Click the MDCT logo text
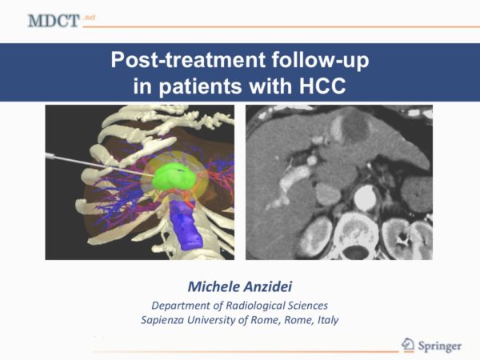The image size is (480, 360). click(x=54, y=21)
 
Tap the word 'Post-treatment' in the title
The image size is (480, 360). click(x=188, y=59)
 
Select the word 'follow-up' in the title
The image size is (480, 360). click(x=320, y=59)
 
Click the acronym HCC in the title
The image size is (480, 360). click(x=322, y=86)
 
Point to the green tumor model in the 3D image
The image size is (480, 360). click(x=174, y=177)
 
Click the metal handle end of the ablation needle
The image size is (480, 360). click(x=50, y=157)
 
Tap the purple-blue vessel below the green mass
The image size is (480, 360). click(x=186, y=224)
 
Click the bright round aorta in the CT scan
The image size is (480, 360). click(x=365, y=198)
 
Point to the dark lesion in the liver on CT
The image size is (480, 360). click(x=355, y=127)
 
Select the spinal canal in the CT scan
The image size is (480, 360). click(x=356, y=253)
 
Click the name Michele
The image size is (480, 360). click(x=214, y=287)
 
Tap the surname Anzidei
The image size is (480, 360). click(x=267, y=287)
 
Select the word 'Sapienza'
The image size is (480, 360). click(x=162, y=320)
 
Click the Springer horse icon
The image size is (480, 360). click(x=408, y=345)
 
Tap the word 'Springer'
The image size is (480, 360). click(x=439, y=346)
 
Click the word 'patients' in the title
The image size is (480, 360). click(x=200, y=86)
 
